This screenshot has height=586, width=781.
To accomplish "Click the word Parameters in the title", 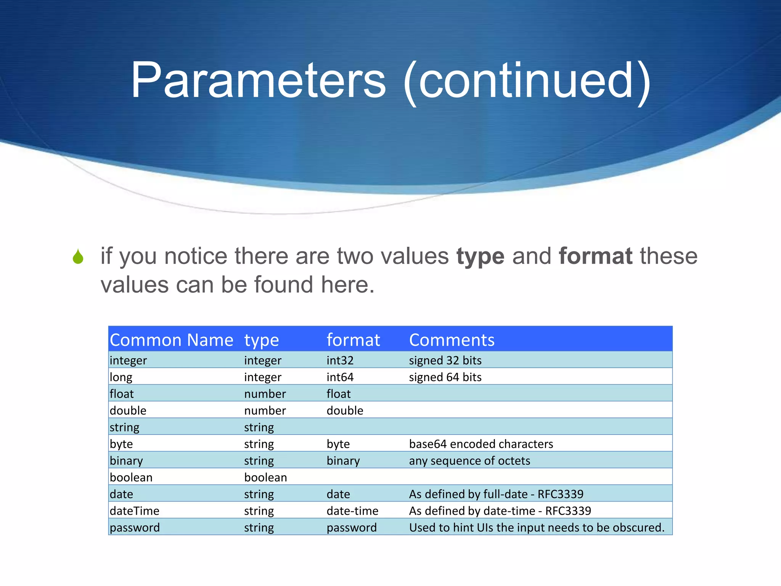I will [258, 81].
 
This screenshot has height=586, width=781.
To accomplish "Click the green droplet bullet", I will [78, 256].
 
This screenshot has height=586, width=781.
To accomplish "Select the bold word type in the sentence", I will [480, 256].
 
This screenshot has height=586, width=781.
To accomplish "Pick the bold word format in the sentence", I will [596, 256].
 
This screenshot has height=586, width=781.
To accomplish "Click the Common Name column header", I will [171, 340].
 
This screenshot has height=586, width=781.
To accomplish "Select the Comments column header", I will [452, 340].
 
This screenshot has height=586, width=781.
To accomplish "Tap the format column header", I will [353, 340].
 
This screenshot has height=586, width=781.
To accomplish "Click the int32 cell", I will [340, 360].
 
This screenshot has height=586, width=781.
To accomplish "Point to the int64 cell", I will [340, 377].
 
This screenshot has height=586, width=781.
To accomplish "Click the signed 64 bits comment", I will [445, 377].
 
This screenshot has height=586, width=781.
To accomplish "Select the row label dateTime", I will [134, 510].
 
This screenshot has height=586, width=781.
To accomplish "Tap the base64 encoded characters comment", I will [481, 444].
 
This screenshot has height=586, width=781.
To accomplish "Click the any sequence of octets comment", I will [469, 460].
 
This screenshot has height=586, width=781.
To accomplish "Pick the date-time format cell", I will [352, 510].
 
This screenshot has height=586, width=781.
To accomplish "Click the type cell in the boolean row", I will [265, 477].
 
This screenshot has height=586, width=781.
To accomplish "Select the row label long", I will [121, 377].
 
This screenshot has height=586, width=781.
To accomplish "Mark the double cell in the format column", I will [345, 411].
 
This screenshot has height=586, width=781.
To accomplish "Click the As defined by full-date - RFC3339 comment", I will [496, 494].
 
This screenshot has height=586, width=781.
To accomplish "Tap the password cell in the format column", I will [352, 527].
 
